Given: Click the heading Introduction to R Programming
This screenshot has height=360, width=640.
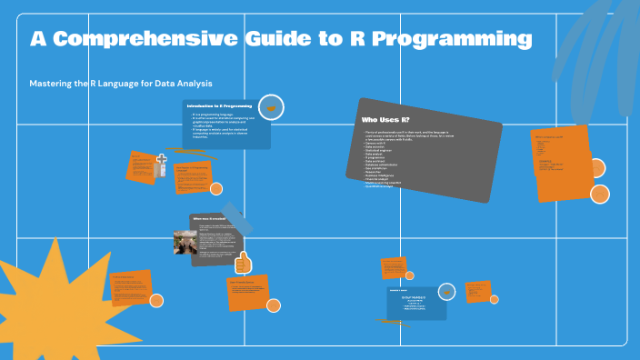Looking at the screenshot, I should click(x=219, y=106).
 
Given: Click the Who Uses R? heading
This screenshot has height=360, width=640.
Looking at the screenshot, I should click(x=385, y=120).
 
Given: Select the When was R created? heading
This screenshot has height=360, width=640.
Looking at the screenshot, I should click(x=209, y=219).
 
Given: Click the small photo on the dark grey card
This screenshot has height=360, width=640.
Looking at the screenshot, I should click(x=187, y=241).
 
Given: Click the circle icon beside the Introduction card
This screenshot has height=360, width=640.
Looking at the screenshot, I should click(x=270, y=107).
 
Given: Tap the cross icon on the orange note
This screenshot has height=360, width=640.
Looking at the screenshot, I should click(x=162, y=165).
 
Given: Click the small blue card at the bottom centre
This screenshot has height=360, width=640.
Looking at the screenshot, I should click(x=416, y=304).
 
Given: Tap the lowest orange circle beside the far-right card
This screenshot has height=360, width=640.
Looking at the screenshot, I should click(x=600, y=194).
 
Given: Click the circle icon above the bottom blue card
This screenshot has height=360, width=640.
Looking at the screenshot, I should click(x=446, y=292).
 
